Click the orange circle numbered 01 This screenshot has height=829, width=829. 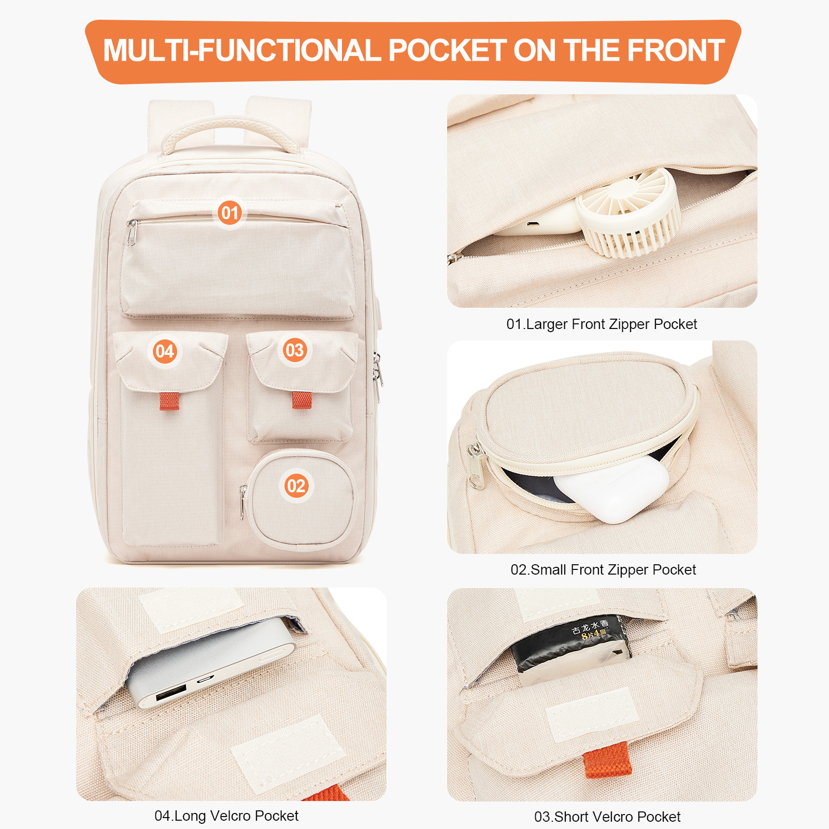(x=230, y=213)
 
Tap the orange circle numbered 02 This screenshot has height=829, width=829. (x=296, y=485)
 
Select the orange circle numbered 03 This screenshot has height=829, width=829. (x=295, y=350)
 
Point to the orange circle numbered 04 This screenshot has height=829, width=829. (x=165, y=351)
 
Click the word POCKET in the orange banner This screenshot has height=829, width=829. (x=447, y=51)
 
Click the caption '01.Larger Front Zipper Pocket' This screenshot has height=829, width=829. (x=602, y=324)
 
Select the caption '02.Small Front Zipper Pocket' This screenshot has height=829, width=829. (x=603, y=570)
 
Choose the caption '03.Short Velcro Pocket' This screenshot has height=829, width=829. (x=607, y=817)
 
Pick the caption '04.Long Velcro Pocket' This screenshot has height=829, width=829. (x=226, y=816)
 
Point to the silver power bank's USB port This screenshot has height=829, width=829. (x=170, y=693)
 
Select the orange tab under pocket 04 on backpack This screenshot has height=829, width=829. (x=169, y=401)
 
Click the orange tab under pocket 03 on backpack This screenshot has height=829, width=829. (x=302, y=400)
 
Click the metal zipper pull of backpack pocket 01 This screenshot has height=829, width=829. (x=132, y=233)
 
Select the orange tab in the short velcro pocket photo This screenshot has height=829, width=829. (x=608, y=761)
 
